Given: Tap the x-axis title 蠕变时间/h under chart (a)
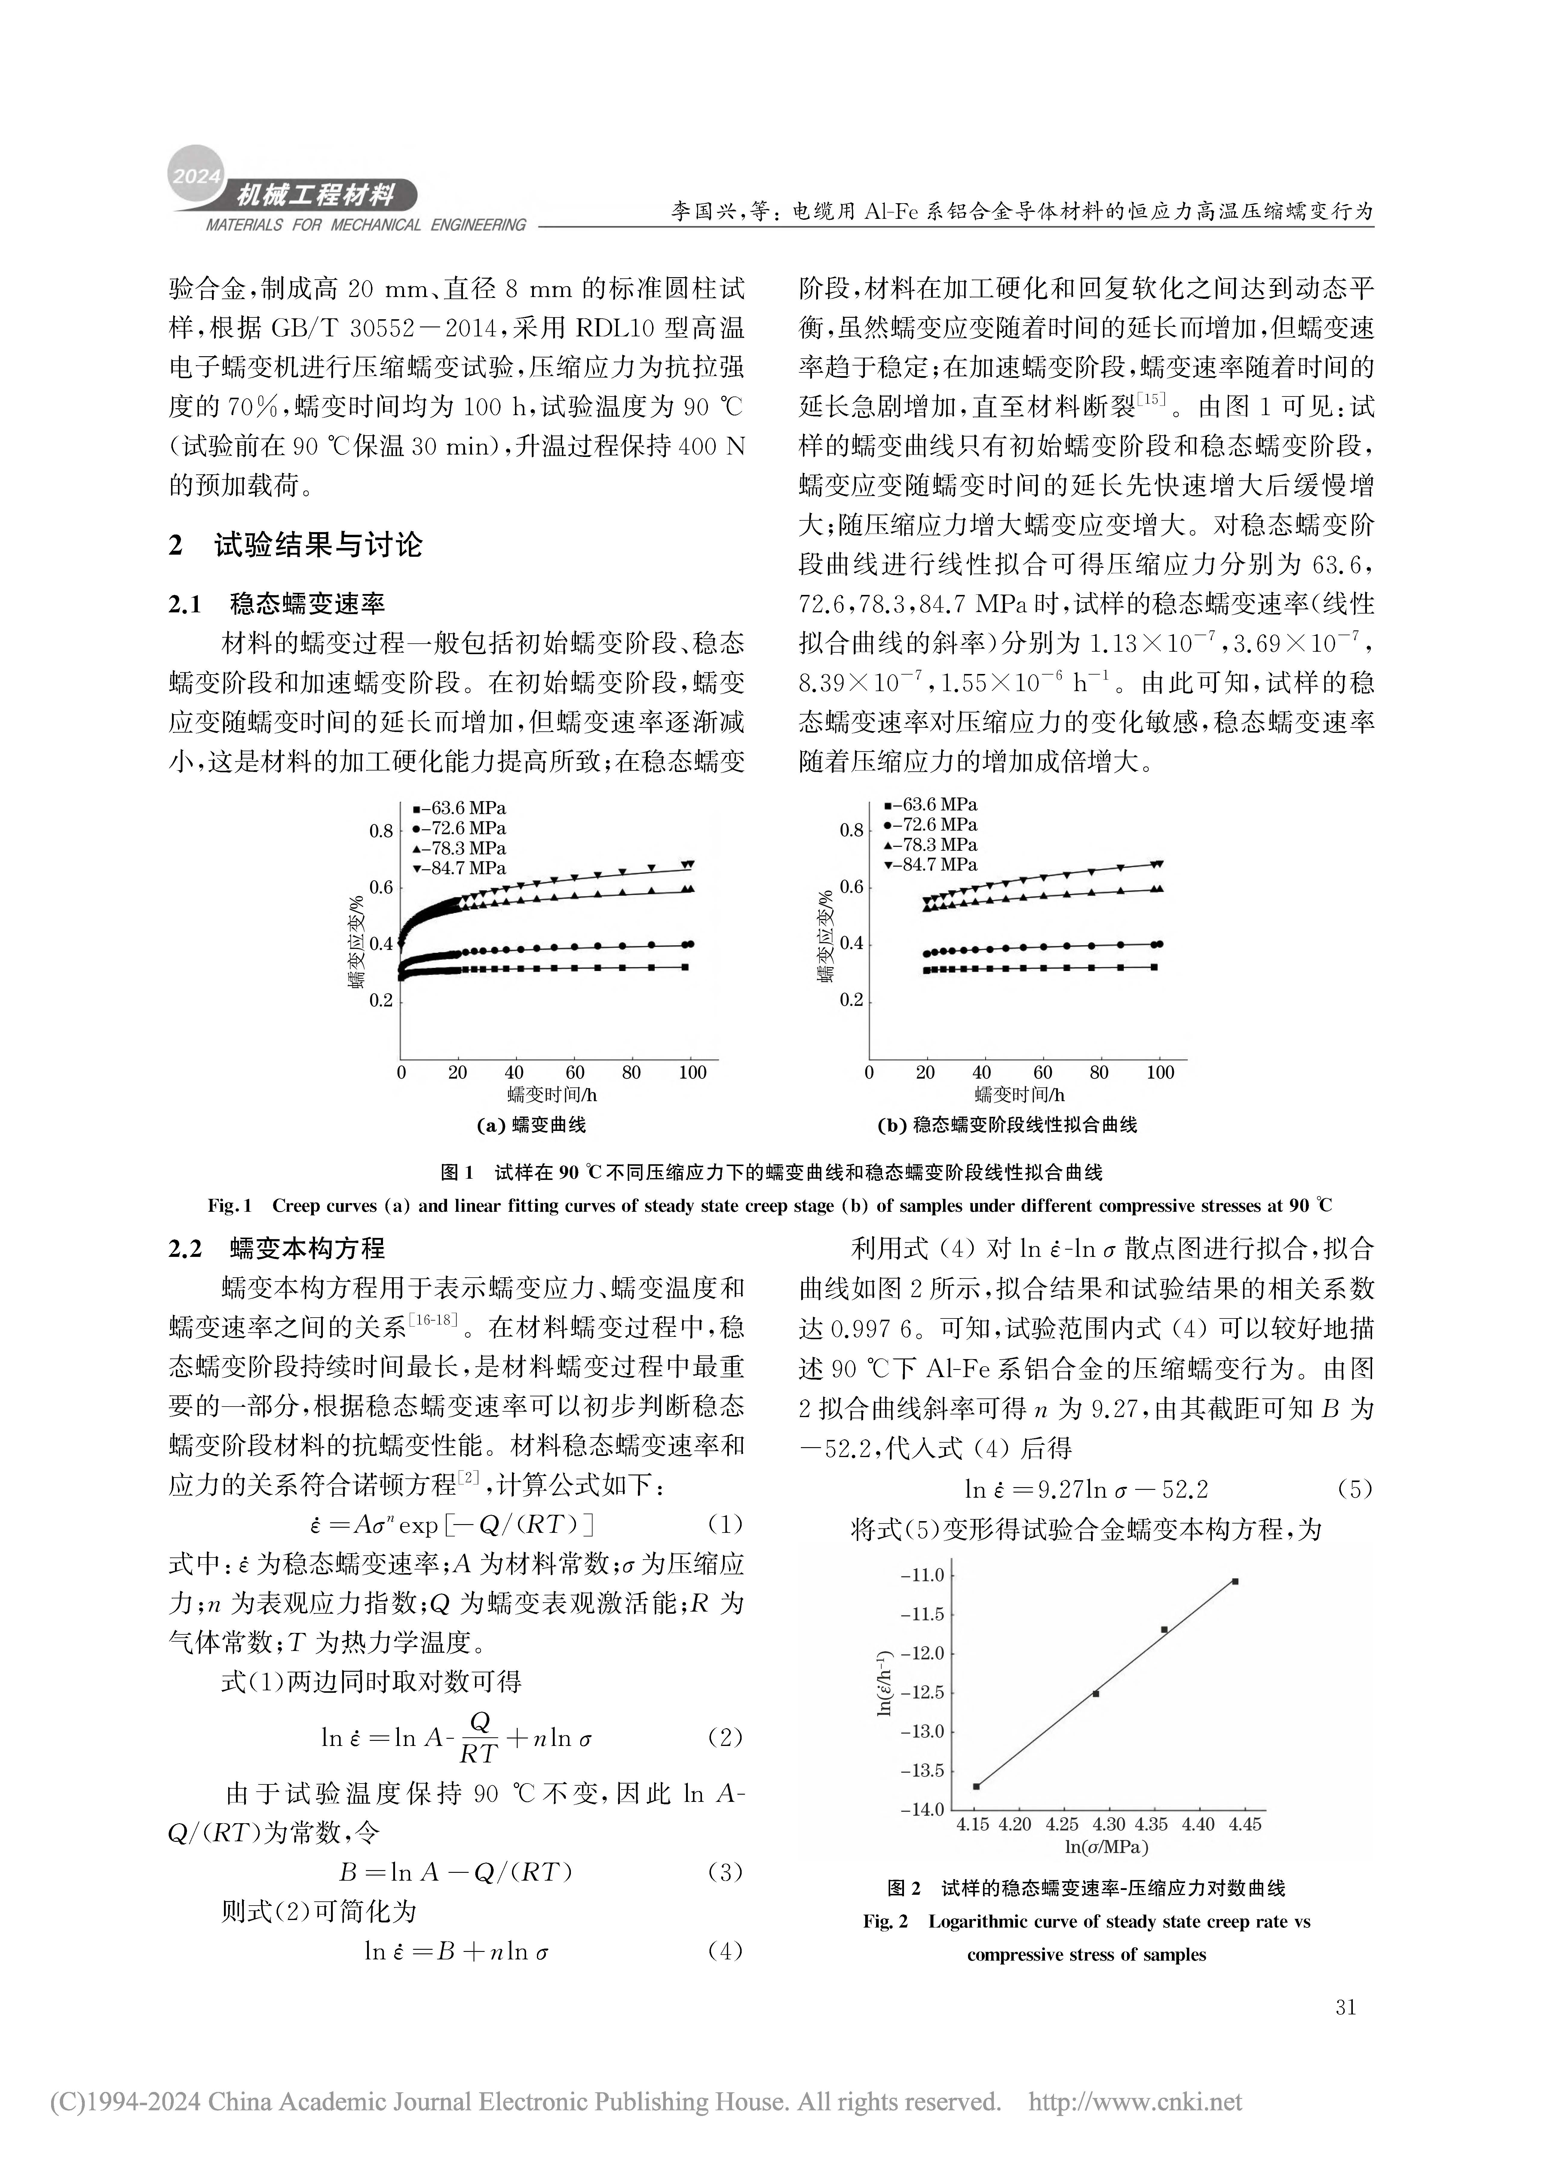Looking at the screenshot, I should pos(552,1095).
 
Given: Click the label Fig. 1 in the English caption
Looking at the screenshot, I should pos(230,1206).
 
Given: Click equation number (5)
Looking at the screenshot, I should pos(1354,1489).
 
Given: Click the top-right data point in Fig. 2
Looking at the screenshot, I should pos(1234,1581).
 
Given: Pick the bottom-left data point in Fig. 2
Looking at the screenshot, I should pos(976,1786).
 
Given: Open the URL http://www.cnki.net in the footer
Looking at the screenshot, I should pos(1135,2102).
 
